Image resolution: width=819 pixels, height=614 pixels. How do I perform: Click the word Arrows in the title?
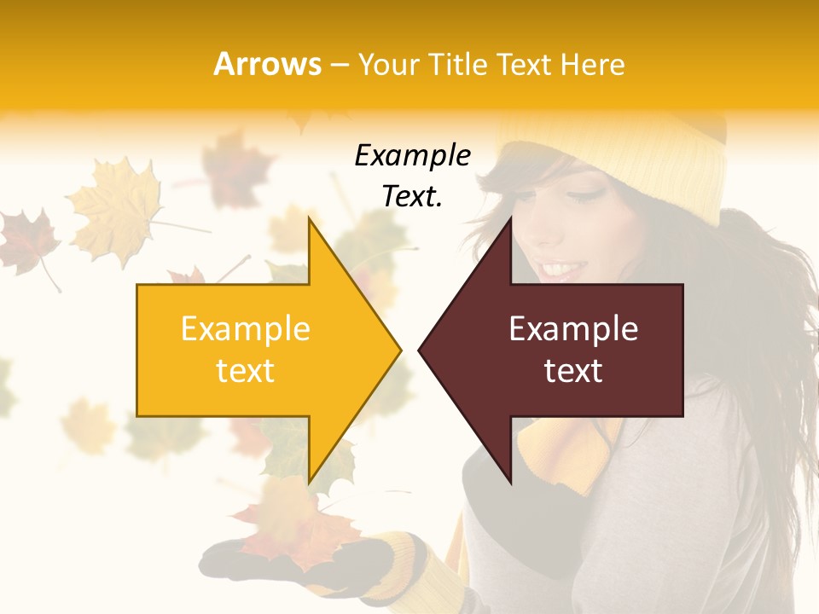pyautogui.click(x=268, y=64)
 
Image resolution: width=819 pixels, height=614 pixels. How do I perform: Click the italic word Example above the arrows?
pyautogui.click(x=412, y=156)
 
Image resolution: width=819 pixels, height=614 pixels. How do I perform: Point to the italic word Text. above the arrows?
pyautogui.click(x=412, y=197)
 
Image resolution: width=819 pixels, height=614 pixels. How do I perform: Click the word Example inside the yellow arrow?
pyautogui.click(x=245, y=328)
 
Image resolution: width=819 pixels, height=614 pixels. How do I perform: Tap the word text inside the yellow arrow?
pyautogui.click(x=245, y=371)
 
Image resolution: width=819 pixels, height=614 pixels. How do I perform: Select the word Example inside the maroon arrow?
pyautogui.click(x=573, y=328)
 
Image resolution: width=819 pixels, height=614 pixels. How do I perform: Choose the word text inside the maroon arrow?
pyautogui.click(x=573, y=371)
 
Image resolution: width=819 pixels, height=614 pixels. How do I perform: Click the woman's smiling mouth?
pyautogui.click(x=561, y=269)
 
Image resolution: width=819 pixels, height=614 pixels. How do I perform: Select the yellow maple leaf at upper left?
pyautogui.click(x=115, y=209)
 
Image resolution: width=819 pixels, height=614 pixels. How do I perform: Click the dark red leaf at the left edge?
pyautogui.click(x=26, y=239)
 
